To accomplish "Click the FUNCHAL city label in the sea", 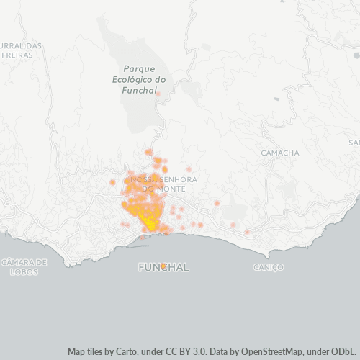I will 163,267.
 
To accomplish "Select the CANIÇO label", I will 269,267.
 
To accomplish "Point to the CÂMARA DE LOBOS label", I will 24,267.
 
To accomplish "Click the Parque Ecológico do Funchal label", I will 140,80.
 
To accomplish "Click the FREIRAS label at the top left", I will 18,54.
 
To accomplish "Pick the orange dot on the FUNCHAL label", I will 164,266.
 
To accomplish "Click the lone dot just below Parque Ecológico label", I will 158,94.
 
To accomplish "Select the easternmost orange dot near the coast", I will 247,232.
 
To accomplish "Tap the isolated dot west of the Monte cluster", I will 112,182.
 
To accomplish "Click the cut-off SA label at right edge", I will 354,143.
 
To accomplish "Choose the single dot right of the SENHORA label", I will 189,170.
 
